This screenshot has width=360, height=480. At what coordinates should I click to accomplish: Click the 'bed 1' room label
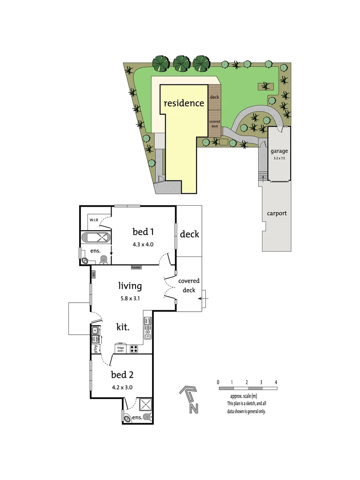tap(143, 232)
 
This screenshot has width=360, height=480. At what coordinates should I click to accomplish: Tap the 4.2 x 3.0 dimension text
tap(122, 387)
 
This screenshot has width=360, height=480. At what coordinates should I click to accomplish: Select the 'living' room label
tap(129, 286)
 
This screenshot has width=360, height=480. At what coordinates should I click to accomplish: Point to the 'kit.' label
tap(123, 328)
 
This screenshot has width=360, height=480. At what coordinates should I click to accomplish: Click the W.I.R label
tap(94, 220)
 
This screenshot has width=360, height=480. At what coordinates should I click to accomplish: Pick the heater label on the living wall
tap(136, 267)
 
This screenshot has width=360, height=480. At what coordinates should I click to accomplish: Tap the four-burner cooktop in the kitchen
tap(134, 349)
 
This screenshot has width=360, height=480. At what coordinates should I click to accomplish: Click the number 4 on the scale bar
tap(276, 382)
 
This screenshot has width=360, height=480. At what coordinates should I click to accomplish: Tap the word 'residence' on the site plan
tap(184, 104)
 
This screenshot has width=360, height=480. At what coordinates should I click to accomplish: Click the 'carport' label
tap(276, 213)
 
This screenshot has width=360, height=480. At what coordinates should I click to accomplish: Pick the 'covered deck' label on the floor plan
tap(189, 285)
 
